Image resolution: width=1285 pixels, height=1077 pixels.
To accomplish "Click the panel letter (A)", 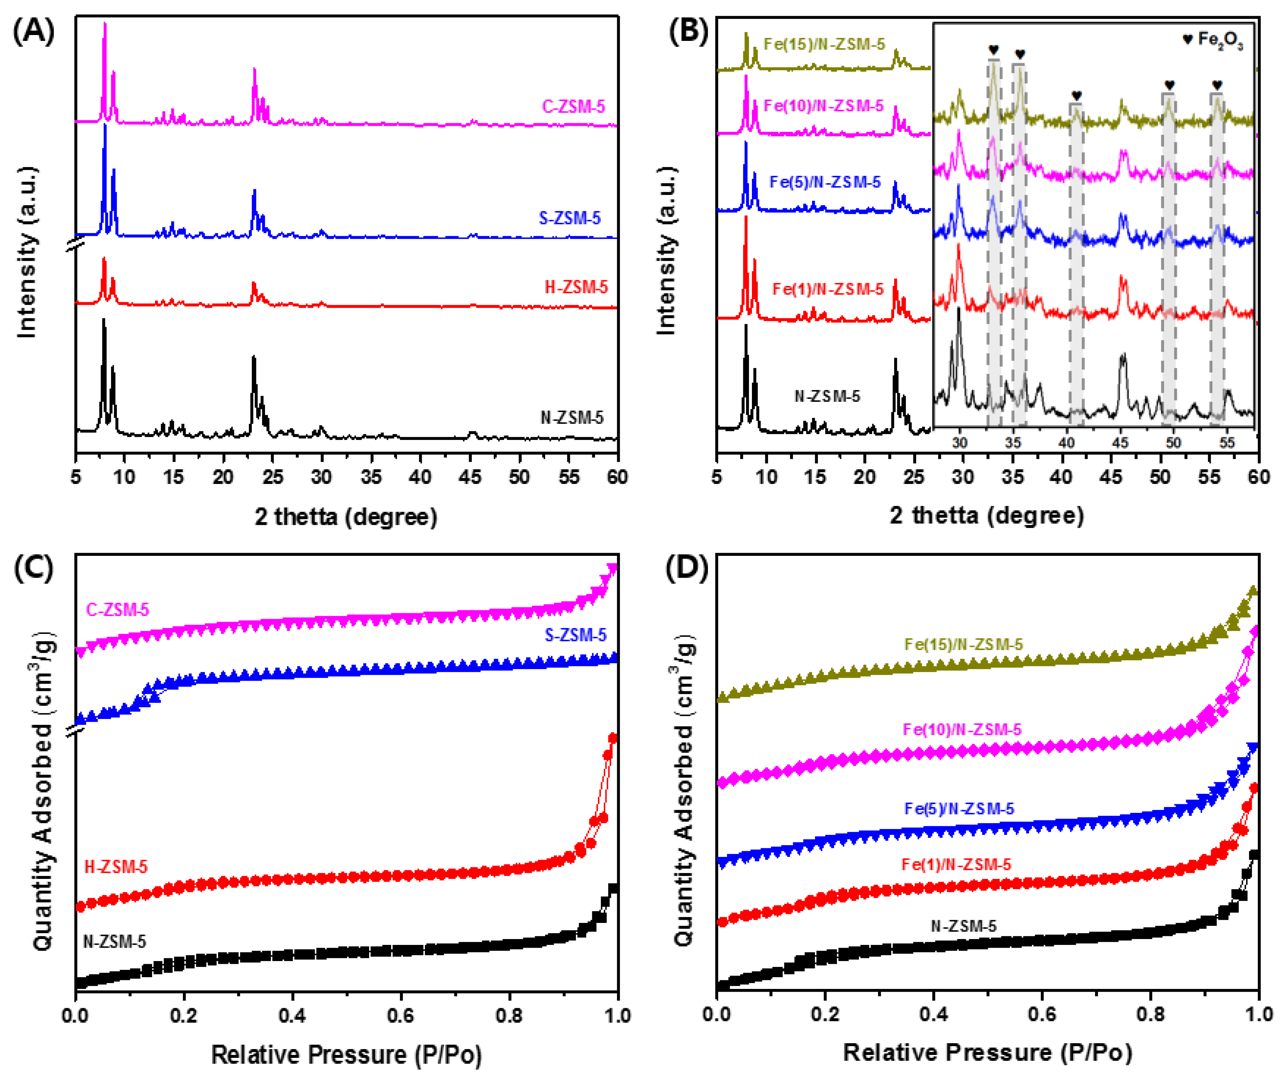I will [34, 31].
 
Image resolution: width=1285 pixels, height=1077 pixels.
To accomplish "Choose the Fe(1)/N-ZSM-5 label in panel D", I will [956, 864].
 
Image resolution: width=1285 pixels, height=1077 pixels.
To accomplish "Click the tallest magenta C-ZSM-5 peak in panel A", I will [105, 24].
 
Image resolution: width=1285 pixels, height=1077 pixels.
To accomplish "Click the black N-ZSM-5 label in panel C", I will [114, 941].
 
